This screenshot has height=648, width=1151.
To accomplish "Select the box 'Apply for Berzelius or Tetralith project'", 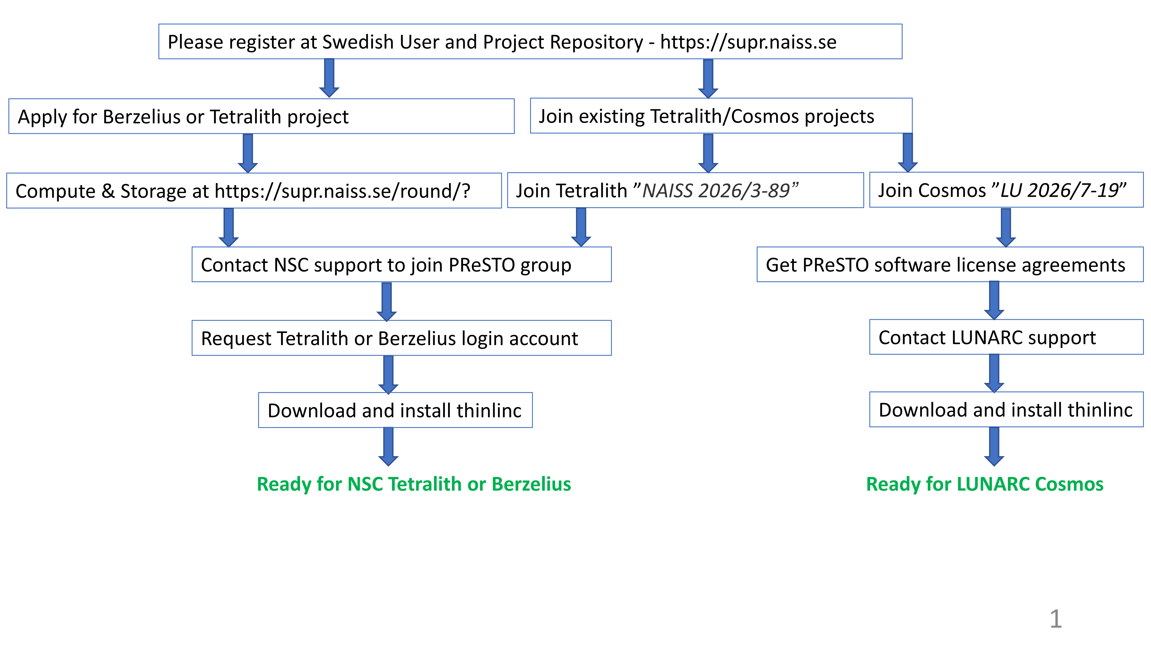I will (261, 116).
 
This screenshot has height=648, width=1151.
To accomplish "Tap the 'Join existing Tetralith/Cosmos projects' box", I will (721, 116).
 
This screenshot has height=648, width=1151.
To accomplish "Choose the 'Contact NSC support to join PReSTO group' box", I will (401, 265).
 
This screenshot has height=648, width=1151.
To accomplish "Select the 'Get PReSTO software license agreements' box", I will (949, 265).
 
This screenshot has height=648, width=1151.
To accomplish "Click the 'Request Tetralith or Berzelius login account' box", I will (401, 338).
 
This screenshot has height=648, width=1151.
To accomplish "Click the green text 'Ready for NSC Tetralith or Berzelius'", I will (414, 484).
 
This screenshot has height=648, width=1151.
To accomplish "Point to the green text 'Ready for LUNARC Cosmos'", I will (984, 484).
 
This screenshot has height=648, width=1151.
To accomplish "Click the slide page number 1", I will (1055, 619).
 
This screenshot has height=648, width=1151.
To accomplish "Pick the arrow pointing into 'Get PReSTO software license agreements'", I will (1006, 227).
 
